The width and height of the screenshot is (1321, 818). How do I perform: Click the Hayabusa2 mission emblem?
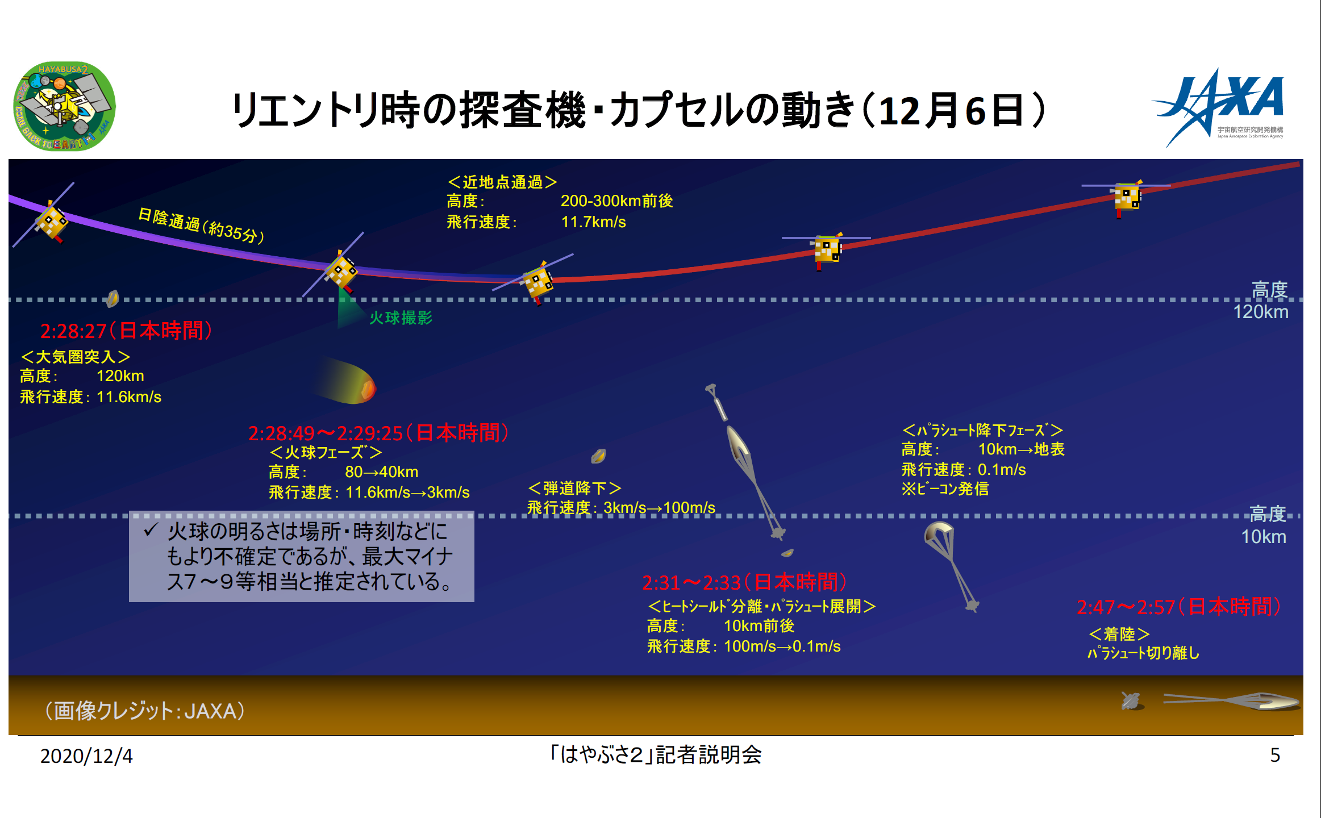pyautogui.click(x=64, y=106)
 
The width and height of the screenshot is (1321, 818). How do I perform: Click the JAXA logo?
pyautogui.click(x=1218, y=107)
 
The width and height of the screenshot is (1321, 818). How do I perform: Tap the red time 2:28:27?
pyautogui.click(x=73, y=331)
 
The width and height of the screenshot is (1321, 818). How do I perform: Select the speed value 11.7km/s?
pyautogui.click(x=593, y=222)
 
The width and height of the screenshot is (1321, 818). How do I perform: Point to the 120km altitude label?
pyautogui.click(x=1261, y=301)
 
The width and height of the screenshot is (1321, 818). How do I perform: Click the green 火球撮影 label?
pyautogui.click(x=401, y=318)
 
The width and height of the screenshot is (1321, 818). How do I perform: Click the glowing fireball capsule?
pyautogui.click(x=344, y=380)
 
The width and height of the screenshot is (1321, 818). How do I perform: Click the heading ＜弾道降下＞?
pyautogui.click(x=574, y=488)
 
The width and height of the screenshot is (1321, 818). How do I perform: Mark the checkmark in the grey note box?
pyautogui.click(x=150, y=531)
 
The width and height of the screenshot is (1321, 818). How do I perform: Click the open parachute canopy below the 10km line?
pyautogui.click(x=939, y=533)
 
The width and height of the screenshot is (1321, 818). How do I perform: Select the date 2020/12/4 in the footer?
pyautogui.click(x=86, y=756)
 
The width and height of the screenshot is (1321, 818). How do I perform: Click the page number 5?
pyautogui.click(x=1275, y=755)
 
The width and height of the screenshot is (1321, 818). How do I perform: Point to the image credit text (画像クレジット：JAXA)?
pyautogui.click(x=145, y=711)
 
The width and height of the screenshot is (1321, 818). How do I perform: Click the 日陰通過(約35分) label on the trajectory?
pyautogui.click(x=201, y=226)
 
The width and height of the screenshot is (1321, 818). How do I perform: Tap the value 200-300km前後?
pyautogui.click(x=616, y=201)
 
